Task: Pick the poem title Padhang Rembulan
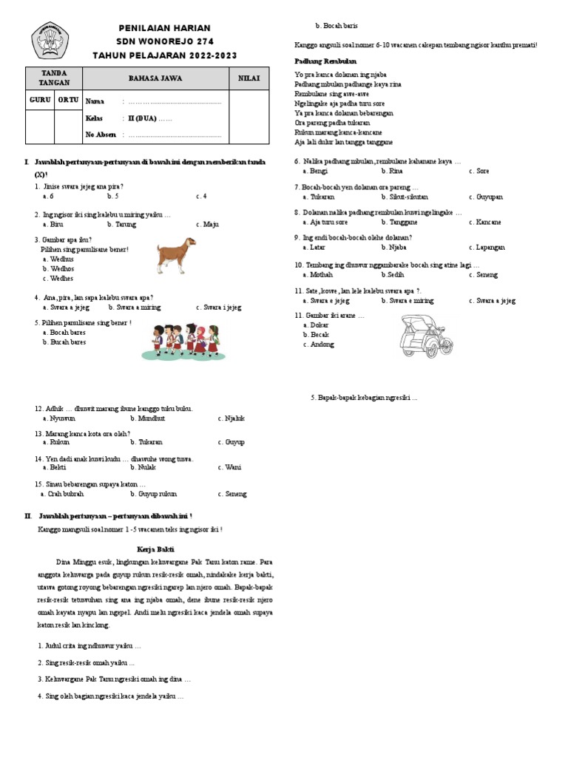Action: [325, 61]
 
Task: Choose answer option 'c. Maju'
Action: [208, 224]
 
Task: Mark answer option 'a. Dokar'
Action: [317, 325]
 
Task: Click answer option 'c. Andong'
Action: [319, 344]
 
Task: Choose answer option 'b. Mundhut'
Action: [147, 418]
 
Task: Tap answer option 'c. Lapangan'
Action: [486, 248]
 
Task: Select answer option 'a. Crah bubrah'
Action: [65, 494]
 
